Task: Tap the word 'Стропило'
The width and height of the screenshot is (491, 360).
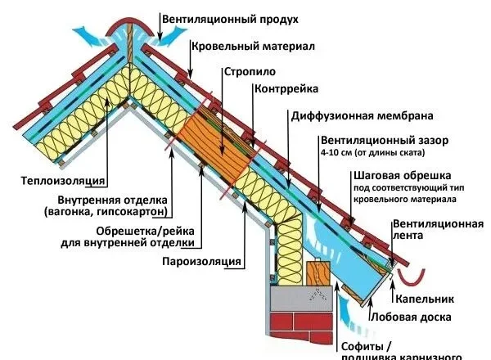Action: (x=245, y=70)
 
